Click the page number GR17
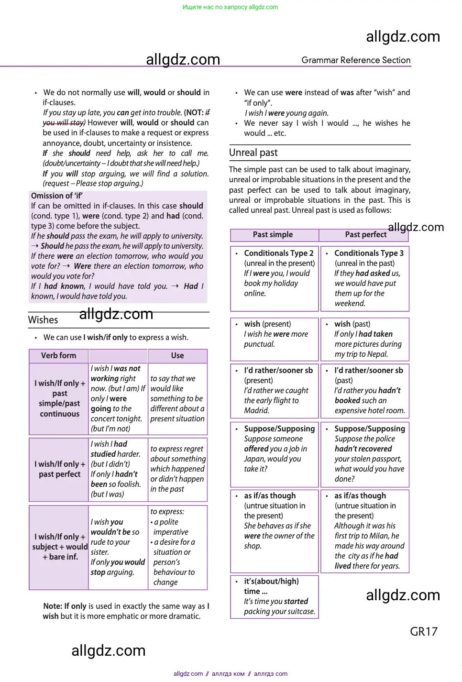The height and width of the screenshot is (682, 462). click(x=423, y=631)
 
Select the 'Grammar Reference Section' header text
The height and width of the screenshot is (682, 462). click(x=355, y=60)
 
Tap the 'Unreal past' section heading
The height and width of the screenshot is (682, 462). click(x=253, y=153)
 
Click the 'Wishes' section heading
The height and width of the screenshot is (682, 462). click(x=43, y=320)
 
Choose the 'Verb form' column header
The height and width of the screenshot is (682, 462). click(x=58, y=355)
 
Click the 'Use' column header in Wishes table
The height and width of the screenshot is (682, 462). click(x=177, y=355)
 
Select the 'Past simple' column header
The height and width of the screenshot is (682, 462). click(x=273, y=234)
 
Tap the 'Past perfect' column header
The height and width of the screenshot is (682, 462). click(x=365, y=234)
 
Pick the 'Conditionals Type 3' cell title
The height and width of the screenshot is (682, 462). click(x=369, y=253)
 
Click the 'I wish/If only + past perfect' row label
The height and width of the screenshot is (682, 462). click(x=59, y=469)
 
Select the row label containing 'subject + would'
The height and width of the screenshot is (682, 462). click(x=60, y=547)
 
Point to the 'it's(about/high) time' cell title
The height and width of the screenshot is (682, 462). click(x=271, y=586)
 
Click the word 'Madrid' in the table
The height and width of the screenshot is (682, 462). click(x=256, y=410)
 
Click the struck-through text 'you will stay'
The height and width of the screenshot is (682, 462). click(x=64, y=123)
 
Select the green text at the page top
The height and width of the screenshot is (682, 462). click(x=230, y=7)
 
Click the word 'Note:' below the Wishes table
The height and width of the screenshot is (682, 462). click(x=53, y=606)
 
